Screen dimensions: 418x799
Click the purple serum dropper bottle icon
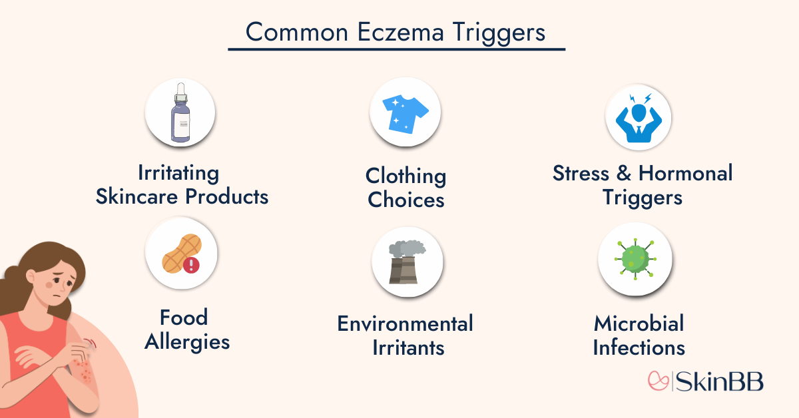coord(180,112)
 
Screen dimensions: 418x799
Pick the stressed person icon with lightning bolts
coord(637,117)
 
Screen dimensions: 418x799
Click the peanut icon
coord(177,256)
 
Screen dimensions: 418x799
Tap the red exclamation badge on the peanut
coord(192,266)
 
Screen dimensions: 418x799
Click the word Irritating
coord(178,173)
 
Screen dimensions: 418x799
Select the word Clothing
coord(405,176)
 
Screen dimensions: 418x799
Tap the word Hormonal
coord(685,173)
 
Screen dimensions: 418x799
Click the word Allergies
coord(187,341)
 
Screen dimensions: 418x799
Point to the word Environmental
coord(405,323)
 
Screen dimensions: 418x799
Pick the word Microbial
coord(639,324)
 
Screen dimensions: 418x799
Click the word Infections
coord(639,347)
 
